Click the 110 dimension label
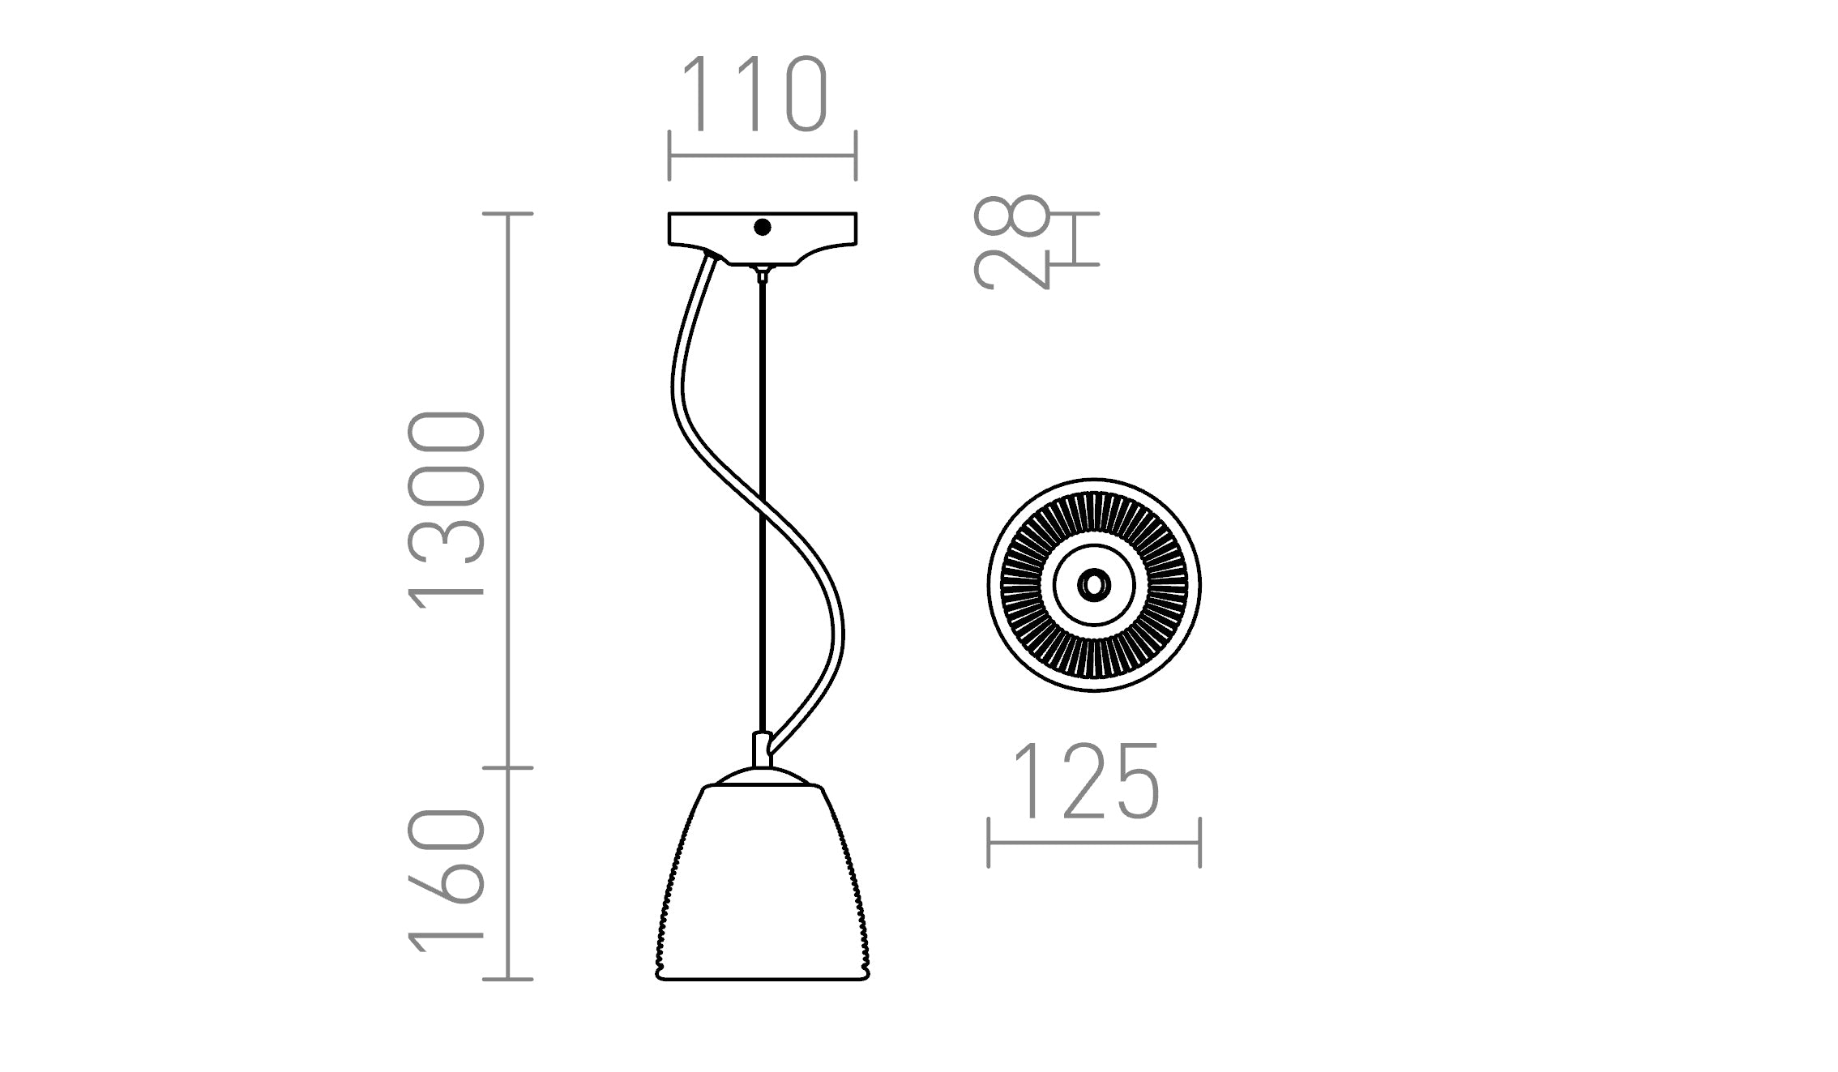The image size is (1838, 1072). (x=754, y=95)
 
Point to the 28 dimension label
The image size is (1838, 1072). (x=1011, y=241)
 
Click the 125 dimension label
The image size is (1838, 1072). (x=1087, y=781)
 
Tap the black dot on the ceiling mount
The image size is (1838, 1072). (x=762, y=228)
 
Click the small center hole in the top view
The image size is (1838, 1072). (x=1094, y=584)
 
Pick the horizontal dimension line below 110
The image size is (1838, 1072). (x=762, y=156)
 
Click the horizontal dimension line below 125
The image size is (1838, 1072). (x=1094, y=843)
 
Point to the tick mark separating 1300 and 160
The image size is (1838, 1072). (x=508, y=767)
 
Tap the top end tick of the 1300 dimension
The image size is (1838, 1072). (x=508, y=214)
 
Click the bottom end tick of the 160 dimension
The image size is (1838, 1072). (x=508, y=980)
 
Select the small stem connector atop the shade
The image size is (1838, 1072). (x=762, y=749)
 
